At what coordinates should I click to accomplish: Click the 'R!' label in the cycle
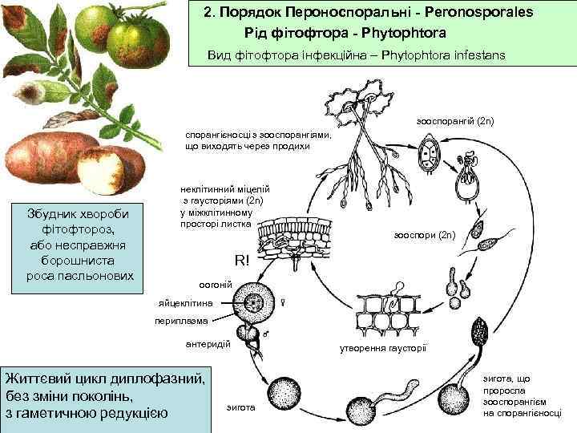coord(242,261)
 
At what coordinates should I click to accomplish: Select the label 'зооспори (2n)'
coord(426,235)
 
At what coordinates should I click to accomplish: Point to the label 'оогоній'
coord(215,285)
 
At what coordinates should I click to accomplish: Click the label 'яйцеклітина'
coord(187,304)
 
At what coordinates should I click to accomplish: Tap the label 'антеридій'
coord(208,343)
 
